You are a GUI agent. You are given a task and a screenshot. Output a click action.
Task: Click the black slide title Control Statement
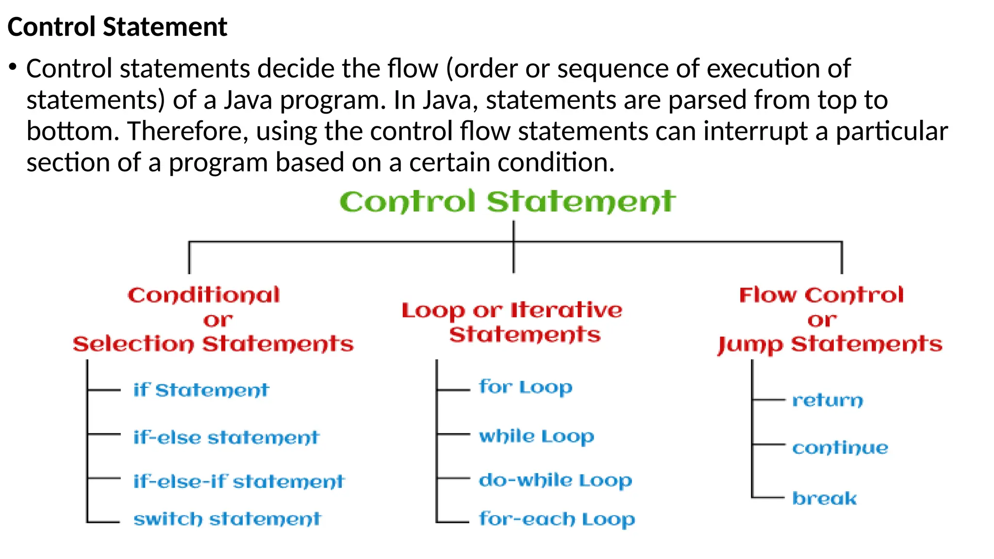117,27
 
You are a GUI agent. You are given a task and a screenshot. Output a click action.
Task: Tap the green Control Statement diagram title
507,202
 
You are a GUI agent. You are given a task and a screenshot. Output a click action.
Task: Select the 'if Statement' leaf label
201,390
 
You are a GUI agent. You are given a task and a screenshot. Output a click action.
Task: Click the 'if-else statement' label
226,438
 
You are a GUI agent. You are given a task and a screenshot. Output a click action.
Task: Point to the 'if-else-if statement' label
239,481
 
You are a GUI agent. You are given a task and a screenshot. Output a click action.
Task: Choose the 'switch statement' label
227,519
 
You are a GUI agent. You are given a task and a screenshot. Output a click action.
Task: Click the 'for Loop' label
526,387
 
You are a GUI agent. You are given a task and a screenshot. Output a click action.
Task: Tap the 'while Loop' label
536,436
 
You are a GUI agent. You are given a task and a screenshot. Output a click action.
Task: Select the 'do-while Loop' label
555,480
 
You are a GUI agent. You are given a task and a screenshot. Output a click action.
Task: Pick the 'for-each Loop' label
557,519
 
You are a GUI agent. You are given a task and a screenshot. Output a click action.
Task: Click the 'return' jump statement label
828,400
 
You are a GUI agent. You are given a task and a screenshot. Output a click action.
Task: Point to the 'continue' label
840,447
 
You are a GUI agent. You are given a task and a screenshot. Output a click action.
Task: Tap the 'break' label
825,498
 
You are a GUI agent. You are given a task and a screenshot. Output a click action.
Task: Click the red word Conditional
204,295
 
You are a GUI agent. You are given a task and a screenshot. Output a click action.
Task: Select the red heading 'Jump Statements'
830,345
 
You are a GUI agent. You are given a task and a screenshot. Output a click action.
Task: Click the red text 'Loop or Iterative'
512,311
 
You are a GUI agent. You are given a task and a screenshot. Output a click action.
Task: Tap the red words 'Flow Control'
821,295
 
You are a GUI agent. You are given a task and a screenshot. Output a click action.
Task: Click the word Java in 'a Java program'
248,100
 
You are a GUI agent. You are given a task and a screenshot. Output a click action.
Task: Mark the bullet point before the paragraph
13,66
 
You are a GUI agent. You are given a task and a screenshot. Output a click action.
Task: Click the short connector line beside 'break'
768,497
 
